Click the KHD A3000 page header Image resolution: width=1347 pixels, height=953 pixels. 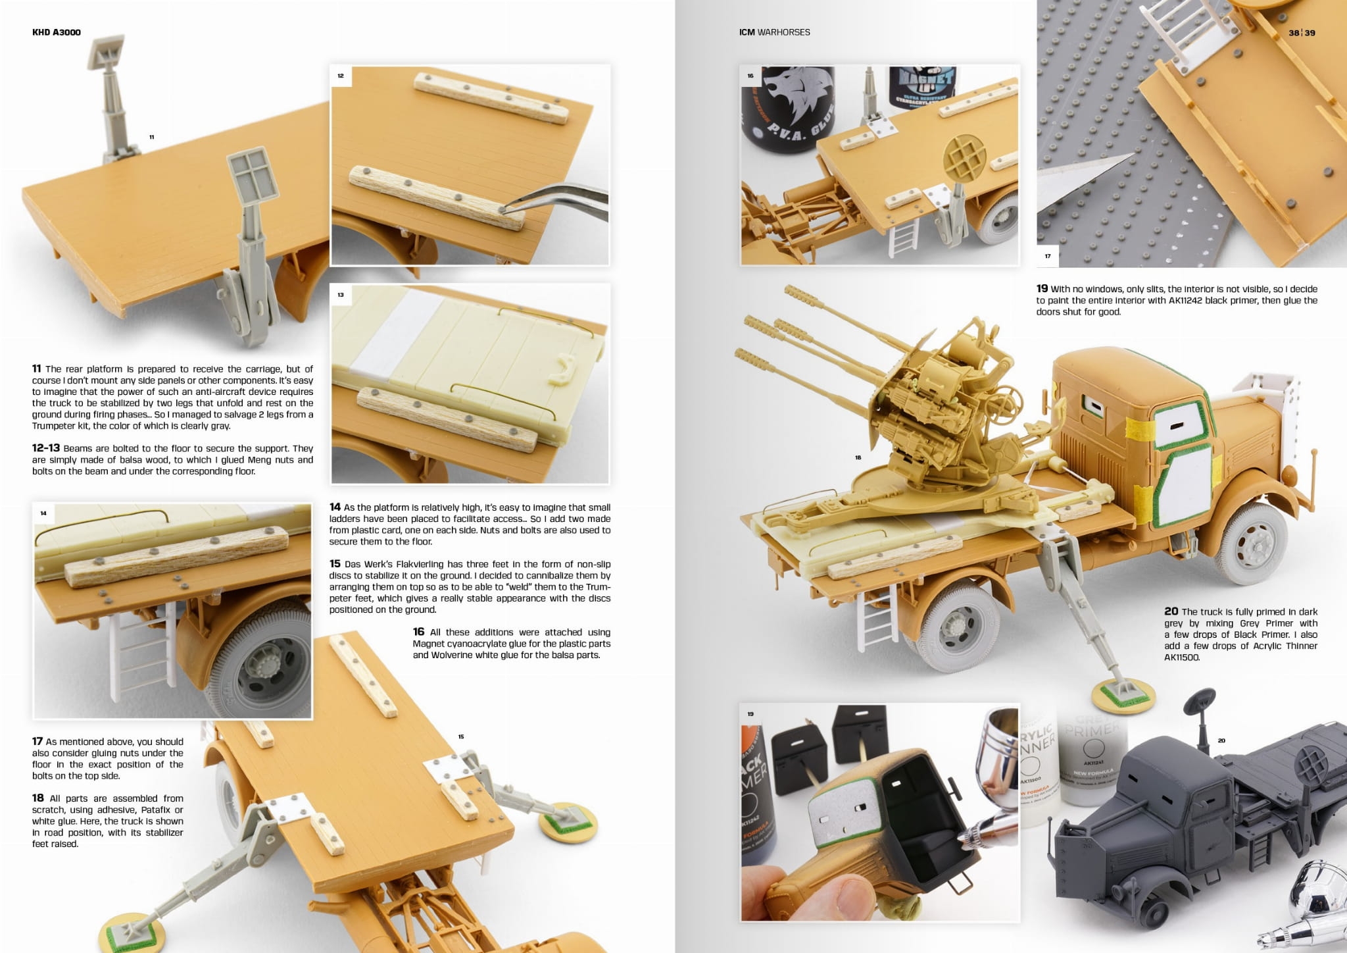point(57,32)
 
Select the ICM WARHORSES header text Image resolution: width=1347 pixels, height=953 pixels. point(774,32)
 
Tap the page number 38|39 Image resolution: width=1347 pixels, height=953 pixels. point(1302,33)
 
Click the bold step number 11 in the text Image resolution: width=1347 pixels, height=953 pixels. point(37,369)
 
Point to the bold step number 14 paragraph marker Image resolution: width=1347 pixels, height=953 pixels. point(335,507)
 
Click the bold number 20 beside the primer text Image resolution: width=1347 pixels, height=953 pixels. point(1171,611)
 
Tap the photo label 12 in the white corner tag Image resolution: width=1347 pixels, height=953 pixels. point(341,76)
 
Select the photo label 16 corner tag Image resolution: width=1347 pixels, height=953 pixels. point(750,76)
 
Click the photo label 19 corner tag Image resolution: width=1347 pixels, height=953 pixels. point(750,714)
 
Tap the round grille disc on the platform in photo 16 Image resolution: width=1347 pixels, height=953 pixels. point(964,159)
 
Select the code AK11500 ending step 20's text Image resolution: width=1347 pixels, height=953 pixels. point(1182,657)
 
